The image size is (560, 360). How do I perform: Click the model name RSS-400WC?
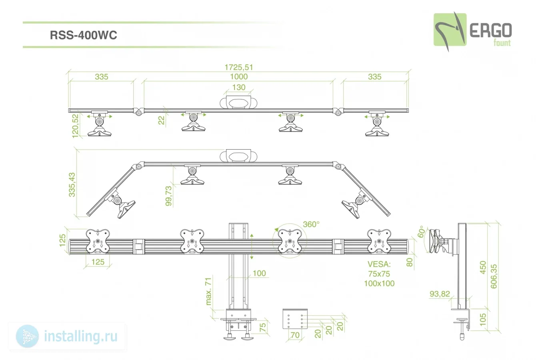83,35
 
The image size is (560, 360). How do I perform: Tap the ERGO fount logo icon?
450,30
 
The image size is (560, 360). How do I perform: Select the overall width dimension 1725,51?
239,67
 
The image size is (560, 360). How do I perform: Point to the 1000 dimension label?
239,76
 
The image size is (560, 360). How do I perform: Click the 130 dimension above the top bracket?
239,87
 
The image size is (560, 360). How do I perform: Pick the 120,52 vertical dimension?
75,126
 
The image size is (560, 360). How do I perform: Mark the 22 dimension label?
161,120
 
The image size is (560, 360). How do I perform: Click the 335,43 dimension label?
72,184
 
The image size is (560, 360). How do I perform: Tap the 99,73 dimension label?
168,196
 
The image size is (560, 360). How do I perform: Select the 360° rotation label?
311,224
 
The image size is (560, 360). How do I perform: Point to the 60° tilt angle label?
421,232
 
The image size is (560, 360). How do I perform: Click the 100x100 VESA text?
379,283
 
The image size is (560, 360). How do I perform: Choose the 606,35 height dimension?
494,276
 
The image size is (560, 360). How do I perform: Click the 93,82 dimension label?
440,294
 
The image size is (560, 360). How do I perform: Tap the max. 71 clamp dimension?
208,291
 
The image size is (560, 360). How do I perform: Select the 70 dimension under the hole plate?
295,335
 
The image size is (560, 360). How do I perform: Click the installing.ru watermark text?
80,336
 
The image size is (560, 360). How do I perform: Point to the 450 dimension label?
483,267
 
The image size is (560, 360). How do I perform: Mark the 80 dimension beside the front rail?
410,262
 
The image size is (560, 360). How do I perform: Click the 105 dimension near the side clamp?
483,318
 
